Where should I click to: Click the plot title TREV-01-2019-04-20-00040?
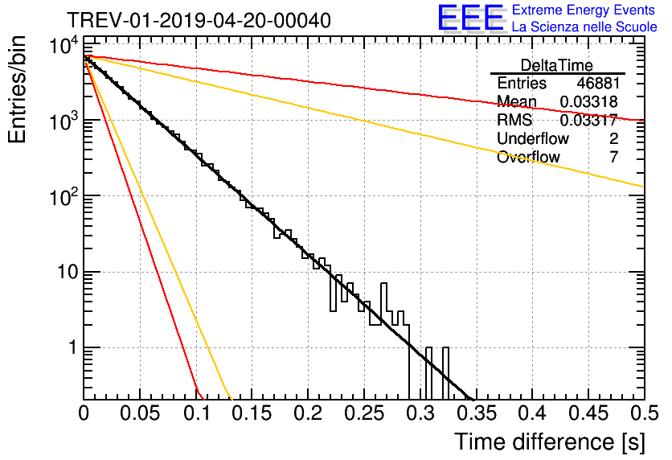[x=199, y=20]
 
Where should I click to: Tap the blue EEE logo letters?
[x=470, y=18]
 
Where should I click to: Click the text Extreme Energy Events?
[x=584, y=10]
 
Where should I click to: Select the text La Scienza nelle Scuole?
[x=584, y=27]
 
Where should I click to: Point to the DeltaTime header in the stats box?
[x=557, y=65]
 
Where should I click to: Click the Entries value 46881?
[x=598, y=83]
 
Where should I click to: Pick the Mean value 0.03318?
[x=589, y=101]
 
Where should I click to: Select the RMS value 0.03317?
[x=589, y=120]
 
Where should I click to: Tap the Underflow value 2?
[x=613, y=138]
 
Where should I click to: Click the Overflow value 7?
[x=613, y=157]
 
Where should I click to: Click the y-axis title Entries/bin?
[x=17, y=89]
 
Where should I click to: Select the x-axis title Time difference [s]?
[x=550, y=442]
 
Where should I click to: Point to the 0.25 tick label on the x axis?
[x=364, y=413]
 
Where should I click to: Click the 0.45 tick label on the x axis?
[x=588, y=413]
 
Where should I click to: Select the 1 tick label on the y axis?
[x=73, y=347]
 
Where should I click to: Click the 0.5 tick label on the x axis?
[x=645, y=413]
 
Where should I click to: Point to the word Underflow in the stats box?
[x=533, y=138]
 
